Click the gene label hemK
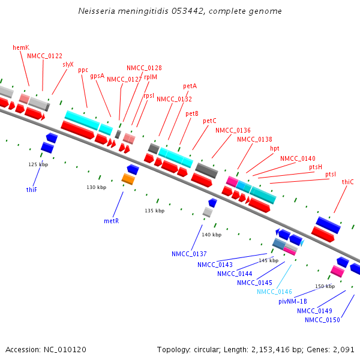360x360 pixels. click(20, 47)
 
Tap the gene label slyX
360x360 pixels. click(68, 64)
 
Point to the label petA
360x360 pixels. click(190, 86)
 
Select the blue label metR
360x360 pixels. click(111, 221)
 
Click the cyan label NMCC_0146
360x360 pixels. click(274, 292)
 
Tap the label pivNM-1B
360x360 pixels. click(293, 301)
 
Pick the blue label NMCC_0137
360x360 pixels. click(189, 254)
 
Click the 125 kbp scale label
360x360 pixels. click(38, 164)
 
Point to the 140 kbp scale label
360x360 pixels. click(212, 235)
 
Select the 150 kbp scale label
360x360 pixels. click(325, 286)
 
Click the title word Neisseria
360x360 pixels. click(97, 11)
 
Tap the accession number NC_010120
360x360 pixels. click(66, 349)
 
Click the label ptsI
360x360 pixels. click(331, 174)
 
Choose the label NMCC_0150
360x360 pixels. click(322, 320)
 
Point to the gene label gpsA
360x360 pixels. click(97, 76)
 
